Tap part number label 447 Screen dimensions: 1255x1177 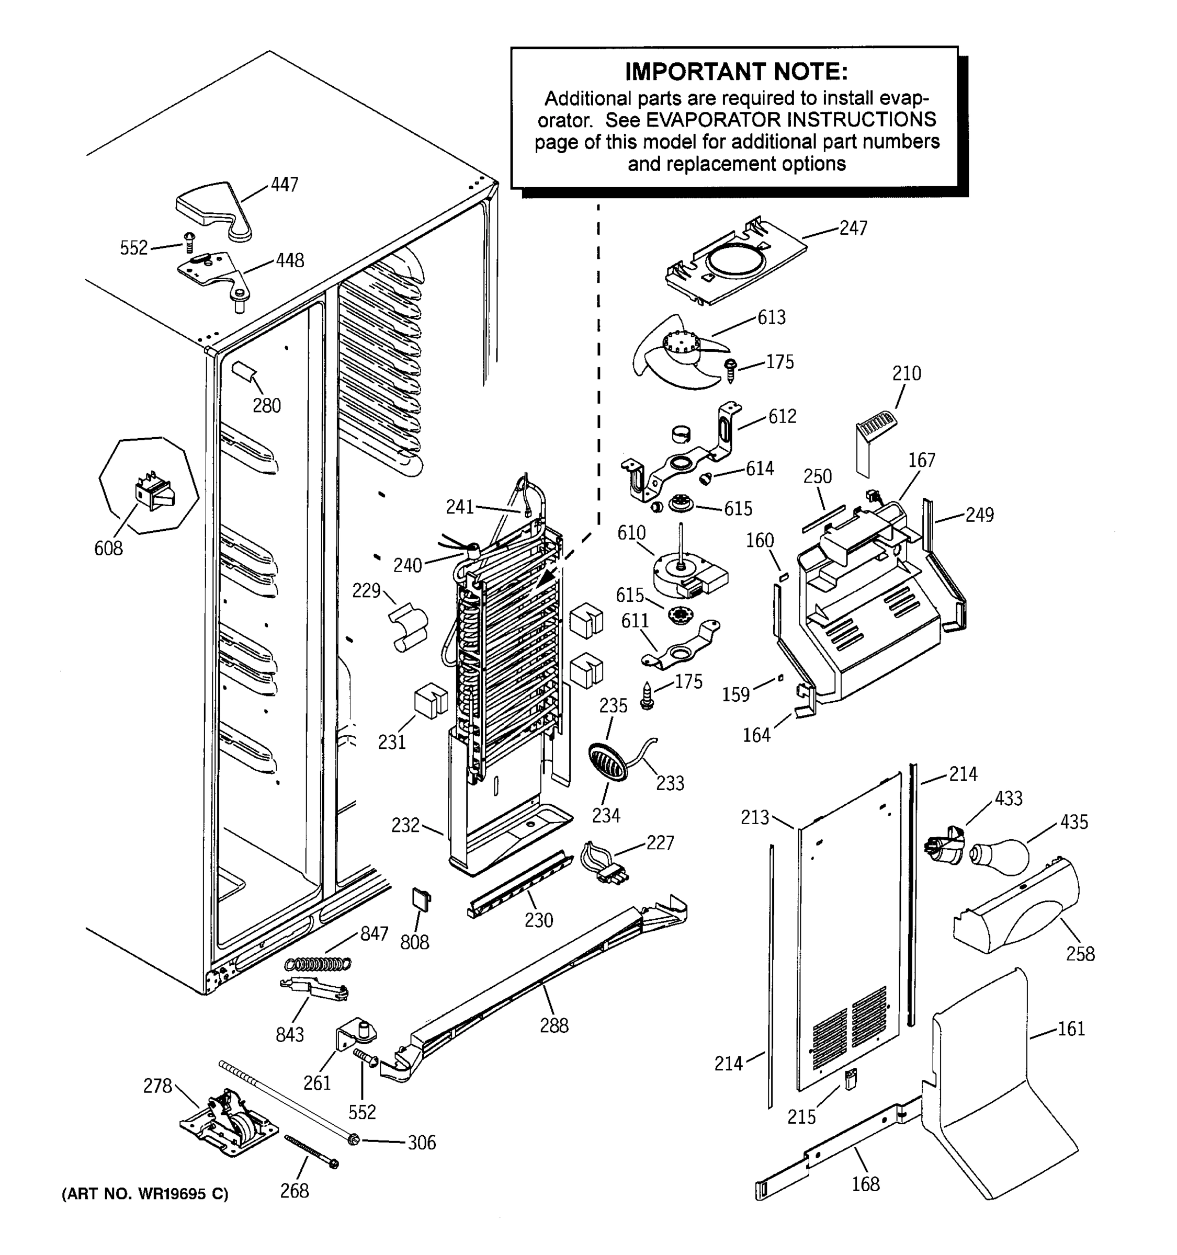coord(284,185)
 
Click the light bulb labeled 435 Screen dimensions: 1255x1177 coord(1000,857)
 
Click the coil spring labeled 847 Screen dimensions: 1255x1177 coord(318,963)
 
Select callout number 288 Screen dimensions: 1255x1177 coord(554,1025)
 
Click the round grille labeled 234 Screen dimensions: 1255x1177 coord(608,761)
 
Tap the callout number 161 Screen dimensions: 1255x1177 coord(1071,1029)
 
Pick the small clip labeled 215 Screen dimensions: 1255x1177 coord(851,1081)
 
